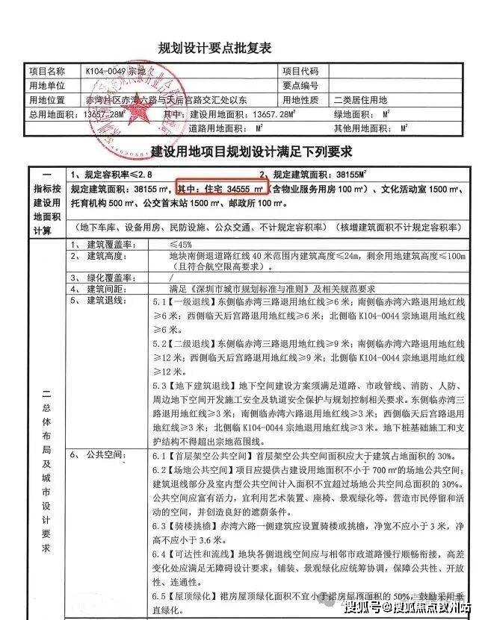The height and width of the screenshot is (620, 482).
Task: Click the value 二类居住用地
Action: tap(361, 99)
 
